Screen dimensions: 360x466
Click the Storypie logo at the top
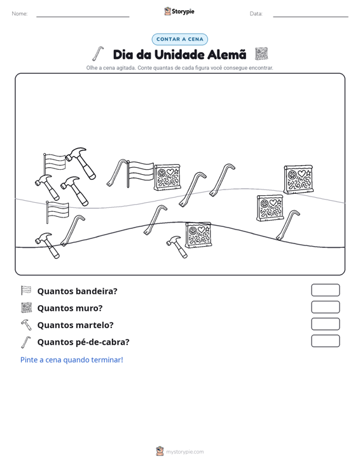pos(179,11)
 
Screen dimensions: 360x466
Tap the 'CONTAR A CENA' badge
pos(179,39)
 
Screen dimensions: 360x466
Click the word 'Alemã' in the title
pos(227,55)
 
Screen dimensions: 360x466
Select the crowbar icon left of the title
pos(98,53)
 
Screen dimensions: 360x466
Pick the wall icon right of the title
pos(261,54)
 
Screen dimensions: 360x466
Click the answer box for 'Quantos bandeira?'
pos(325,290)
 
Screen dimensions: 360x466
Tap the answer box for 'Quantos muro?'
pos(325,307)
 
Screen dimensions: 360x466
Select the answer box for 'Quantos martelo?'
pos(325,324)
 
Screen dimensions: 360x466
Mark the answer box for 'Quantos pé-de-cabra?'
pos(325,341)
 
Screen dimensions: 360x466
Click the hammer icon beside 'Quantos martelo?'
pos(26,324)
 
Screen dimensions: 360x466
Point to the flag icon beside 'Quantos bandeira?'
pos(26,291)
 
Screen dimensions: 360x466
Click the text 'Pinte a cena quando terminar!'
pos(72,360)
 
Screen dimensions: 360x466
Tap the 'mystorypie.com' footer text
pos(184,452)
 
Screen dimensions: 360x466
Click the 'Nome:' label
pos(20,14)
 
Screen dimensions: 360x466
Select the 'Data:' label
pos(256,14)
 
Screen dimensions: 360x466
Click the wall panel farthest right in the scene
pos(298,179)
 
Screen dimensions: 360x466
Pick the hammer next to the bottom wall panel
pos(177,247)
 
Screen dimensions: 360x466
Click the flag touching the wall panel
pos(140,174)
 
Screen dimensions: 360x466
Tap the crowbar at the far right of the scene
pos(287,225)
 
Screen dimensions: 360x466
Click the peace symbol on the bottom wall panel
pos(193,231)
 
